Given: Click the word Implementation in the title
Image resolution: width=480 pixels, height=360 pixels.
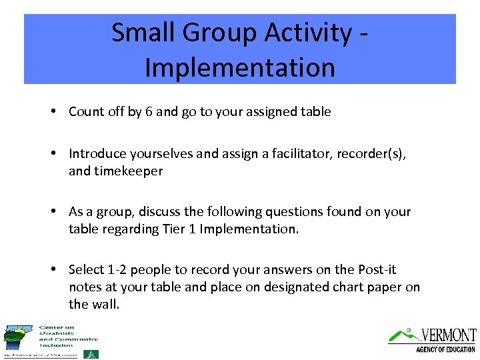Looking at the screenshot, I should click(x=239, y=67).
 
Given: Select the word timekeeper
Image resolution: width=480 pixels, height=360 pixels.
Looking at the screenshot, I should click(x=127, y=171).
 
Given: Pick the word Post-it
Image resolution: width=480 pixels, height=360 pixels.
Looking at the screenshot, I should click(x=375, y=269).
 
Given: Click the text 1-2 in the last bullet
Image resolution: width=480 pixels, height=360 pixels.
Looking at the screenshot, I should click(x=118, y=269).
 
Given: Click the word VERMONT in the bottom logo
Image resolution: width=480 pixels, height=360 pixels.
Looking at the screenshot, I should click(x=448, y=335).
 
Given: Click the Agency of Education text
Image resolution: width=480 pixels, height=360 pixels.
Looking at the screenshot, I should click(x=445, y=349).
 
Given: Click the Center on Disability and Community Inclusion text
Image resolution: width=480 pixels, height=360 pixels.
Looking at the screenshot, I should click(x=68, y=335).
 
